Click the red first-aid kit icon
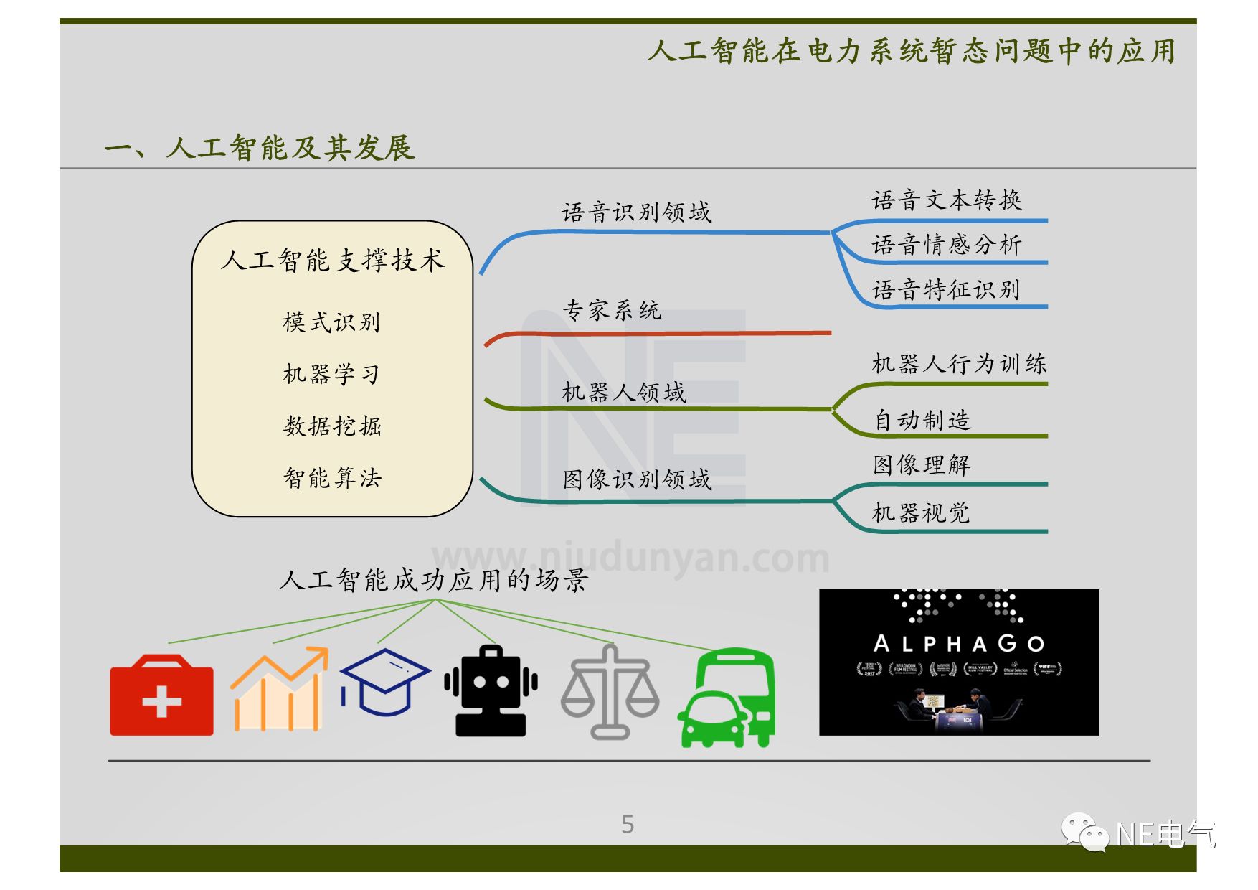click(x=161, y=695)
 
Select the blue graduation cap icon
click(x=384, y=682)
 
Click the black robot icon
click(x=491, y=690)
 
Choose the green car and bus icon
click(x=727, y=698)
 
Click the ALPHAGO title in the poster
click(x=958, y=644)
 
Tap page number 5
click(x=628, y=824)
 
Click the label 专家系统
click(x=612, y=310)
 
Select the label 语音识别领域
click(x=636, y=212)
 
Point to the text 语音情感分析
click(x=946, y=245)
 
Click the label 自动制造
click(x=922, y=420)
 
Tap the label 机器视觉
click(x=921, y=512)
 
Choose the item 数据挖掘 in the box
click(x=332, y=426)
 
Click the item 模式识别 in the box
click(x=331, y=322)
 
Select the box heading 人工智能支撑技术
click(x=333, y=260)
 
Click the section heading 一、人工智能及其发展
click(x=260, y=148)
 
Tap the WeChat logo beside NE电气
click(x=1084, y=832)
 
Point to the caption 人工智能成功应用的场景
click(x=434, y=580)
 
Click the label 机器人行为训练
click(x=959, y=364)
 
